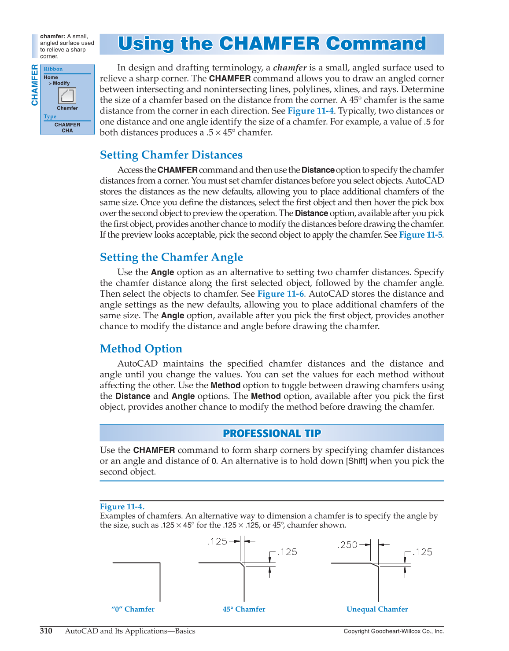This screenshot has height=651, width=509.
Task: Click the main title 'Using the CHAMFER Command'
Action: pyautogui.click(x=272, y=44)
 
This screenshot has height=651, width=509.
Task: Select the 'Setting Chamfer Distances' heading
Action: pyautogui.click(x=171, y=155)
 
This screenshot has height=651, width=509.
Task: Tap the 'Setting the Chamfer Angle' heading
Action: pyautogui.click(x=171, y=257)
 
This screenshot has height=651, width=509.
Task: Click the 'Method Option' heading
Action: pyautogui.click(x=141, y=349)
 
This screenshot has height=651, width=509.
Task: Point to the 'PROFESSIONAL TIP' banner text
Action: pyautogui.click(x=272, y=433)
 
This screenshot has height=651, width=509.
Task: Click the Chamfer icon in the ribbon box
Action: pyautogui.click(x=67, y=96)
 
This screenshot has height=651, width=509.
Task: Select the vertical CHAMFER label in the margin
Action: pyautogui.click(x=34, y=85)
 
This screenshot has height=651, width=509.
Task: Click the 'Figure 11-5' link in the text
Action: pyautogui.click(x=420, y=235)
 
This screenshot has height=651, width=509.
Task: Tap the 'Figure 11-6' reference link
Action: pyautogui.click(x=280, y=294)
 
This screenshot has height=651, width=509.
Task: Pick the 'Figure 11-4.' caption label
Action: pyautogui.click(x=122, y=507)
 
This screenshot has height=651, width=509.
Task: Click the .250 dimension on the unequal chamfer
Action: pyautogui.click(x=348, y=545)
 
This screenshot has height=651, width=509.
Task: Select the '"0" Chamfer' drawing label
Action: pyautogui.click(x=133, y=609)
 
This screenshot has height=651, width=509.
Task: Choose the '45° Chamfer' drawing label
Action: pyautogui.click(x=244, y=609)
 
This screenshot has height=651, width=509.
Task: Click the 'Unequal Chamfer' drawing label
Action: pyautogui.click(x=377, y=609)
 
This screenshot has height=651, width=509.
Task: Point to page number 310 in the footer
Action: pyautogui.click(x=46, y=631)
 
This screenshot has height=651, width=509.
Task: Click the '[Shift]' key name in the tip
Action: pyautogui.click(x=356, y=461)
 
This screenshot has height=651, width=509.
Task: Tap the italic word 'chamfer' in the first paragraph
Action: pyautogui.click(x=289, y=68)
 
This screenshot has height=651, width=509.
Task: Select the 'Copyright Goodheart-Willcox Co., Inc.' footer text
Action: pyautogui.click(x=394, y=631)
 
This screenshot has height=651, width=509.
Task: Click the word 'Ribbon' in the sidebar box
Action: pyautogui.click(x=53, y=69)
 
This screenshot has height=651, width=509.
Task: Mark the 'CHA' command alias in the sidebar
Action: pyautogui.click(x=67, y=131)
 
